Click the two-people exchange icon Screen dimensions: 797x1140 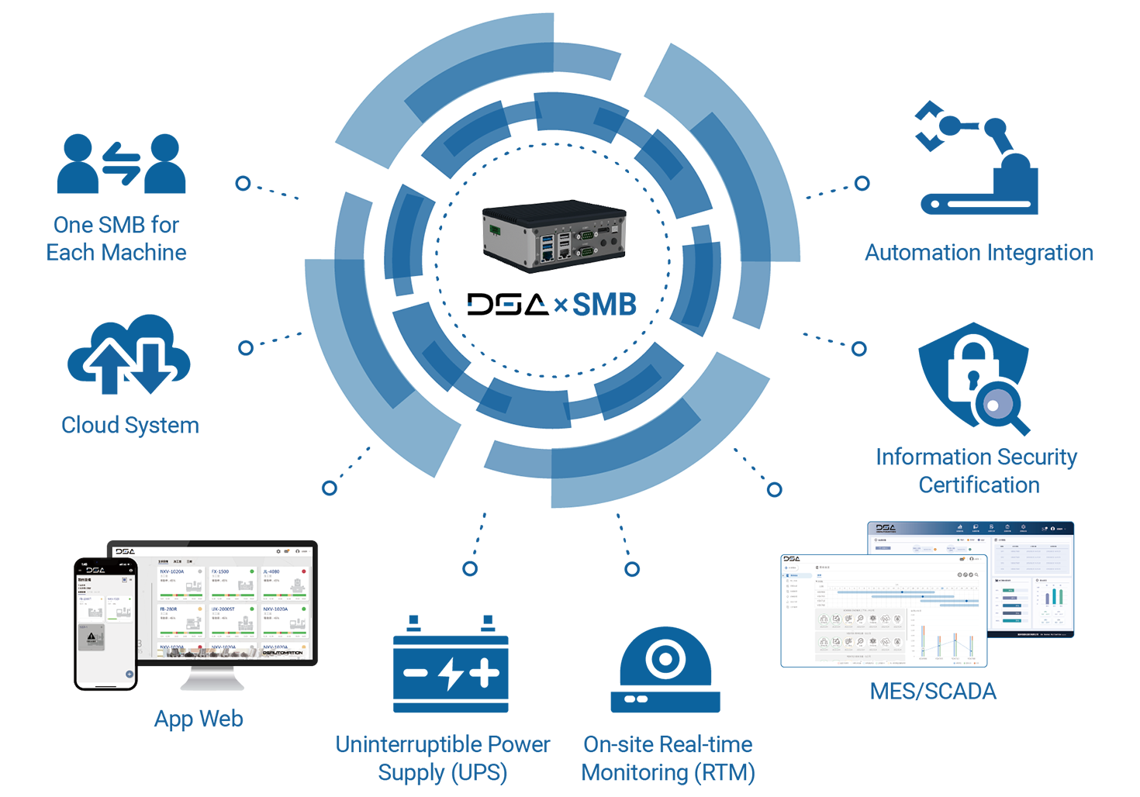121,164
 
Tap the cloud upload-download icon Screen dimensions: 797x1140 129,355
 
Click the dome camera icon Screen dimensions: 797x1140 665,671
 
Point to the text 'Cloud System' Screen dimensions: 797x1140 130,425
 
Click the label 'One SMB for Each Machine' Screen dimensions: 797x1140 116,238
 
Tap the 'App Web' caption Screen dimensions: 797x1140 199,719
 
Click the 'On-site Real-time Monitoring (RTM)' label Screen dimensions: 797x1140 668,758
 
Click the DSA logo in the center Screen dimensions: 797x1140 508,305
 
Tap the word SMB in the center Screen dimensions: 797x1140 604,305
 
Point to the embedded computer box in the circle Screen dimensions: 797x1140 554,236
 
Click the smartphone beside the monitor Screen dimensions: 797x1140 105,623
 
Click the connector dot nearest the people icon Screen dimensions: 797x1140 243,183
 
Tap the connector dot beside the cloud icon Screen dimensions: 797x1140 246,348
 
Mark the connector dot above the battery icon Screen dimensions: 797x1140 469,568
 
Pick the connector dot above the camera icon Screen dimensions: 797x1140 632,569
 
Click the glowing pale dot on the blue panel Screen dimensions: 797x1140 997,404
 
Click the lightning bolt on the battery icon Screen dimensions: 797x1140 451,673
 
